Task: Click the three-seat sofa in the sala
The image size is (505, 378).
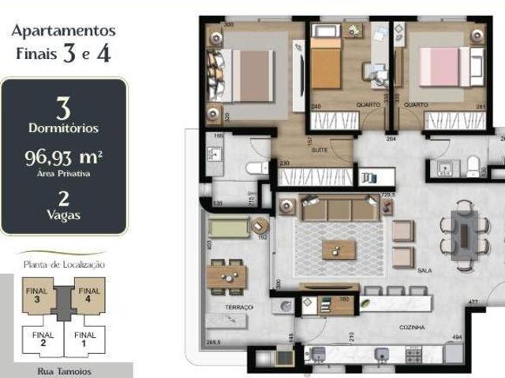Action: pos(339,209)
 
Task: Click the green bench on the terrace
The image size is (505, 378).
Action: pos(228,228)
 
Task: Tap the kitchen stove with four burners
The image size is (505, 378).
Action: pos(414,355)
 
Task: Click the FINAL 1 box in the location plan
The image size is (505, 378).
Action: pos(85,339)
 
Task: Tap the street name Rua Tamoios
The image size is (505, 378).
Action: pos(64,371)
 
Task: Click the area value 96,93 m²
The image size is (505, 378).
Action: pos(64,157)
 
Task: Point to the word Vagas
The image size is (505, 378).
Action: pos(64,213)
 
